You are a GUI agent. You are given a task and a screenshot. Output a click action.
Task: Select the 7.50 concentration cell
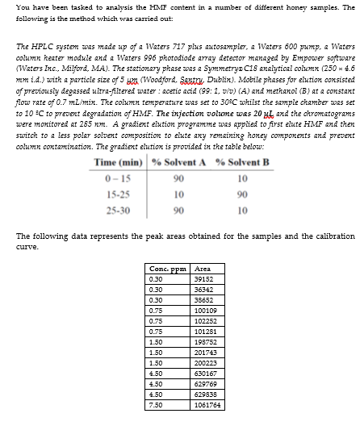pos(157,404)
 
